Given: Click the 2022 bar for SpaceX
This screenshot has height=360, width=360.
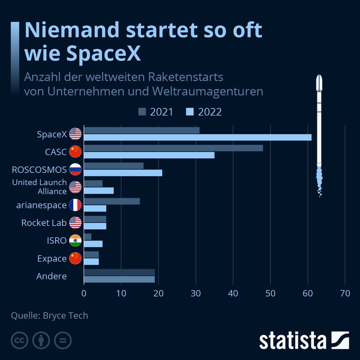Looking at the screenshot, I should coord(197,137).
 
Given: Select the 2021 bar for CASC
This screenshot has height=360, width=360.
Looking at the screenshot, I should coord(173,148).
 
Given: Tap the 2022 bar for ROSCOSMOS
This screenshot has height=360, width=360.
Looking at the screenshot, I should coord(123,173).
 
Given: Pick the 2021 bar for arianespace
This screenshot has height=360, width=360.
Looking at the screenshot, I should coord(112,202).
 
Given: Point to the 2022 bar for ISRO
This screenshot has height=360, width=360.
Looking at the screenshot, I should coord(93,244).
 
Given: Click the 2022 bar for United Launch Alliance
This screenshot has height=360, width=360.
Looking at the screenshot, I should coord(98,191).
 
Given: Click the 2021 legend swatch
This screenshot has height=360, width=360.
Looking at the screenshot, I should coord(142,112).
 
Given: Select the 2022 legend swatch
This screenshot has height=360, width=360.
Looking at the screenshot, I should coord(190,112).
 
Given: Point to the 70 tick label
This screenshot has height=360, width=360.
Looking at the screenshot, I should coord(345,294).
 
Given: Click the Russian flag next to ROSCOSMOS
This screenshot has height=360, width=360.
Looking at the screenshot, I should coord(75,169).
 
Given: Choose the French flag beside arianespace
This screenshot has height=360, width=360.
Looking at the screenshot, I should coord(75,205).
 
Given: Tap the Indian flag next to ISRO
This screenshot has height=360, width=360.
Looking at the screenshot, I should coord(75,240).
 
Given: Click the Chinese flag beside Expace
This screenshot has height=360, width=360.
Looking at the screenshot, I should coord(75,258).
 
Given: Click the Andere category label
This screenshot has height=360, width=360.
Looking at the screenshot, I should coord(52,276).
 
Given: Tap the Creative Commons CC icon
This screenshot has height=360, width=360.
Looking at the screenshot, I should coord(18,340).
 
